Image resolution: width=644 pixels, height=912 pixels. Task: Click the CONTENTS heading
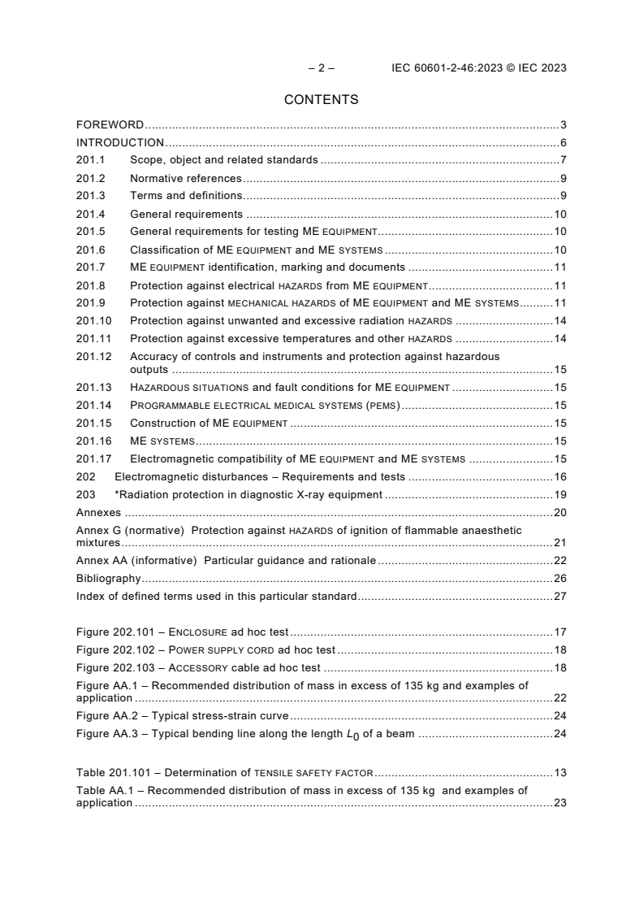click(x=321, y=100)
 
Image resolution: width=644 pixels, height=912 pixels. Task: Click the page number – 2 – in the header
click(x=321, y=68)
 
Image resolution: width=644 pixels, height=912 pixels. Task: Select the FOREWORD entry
click(x=110, y=125)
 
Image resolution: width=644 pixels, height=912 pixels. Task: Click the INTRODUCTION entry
click(x=120, y=143)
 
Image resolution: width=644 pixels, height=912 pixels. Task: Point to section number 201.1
click(x=91, y=160)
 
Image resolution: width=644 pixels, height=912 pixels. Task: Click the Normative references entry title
click(x=185, y=178)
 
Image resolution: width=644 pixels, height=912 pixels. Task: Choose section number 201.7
click(x=91, y=267)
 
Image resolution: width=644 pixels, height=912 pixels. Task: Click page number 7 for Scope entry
click(x=563, y=160)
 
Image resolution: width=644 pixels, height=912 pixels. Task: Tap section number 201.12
click(x=93, y=356)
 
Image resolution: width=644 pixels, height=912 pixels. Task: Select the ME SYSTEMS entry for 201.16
click(x=162, y=441)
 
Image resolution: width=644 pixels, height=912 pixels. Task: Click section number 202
click(x=85, y=476)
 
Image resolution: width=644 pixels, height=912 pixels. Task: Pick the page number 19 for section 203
click(x=560, y=494)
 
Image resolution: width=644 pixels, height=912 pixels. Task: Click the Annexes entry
click(x=98, y=512)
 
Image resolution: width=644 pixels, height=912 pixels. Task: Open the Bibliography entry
click(x=109, y=578)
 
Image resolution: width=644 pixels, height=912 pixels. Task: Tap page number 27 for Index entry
click(x=560, y=596)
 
